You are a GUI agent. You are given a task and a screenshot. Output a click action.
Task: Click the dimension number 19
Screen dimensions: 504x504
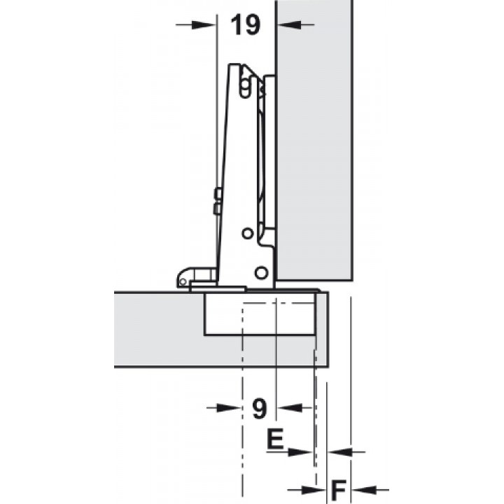(245, 24)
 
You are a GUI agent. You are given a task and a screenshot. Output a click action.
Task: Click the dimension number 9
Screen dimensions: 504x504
(260, 408)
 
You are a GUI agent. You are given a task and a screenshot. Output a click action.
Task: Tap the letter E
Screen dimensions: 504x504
(275, 438)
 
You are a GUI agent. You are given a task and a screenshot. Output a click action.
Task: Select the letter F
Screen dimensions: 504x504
(339, 491)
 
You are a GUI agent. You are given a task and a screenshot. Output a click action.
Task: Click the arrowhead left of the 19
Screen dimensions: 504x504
(203, 24)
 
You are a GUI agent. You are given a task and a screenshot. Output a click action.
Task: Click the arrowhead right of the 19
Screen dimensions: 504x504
(289, 24)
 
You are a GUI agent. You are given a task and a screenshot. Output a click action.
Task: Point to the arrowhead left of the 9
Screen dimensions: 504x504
(229, 408)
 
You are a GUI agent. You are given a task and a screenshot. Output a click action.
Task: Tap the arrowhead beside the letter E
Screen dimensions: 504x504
(300, 452)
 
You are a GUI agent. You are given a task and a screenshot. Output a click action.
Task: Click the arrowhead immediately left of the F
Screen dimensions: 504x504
(314, 490)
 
